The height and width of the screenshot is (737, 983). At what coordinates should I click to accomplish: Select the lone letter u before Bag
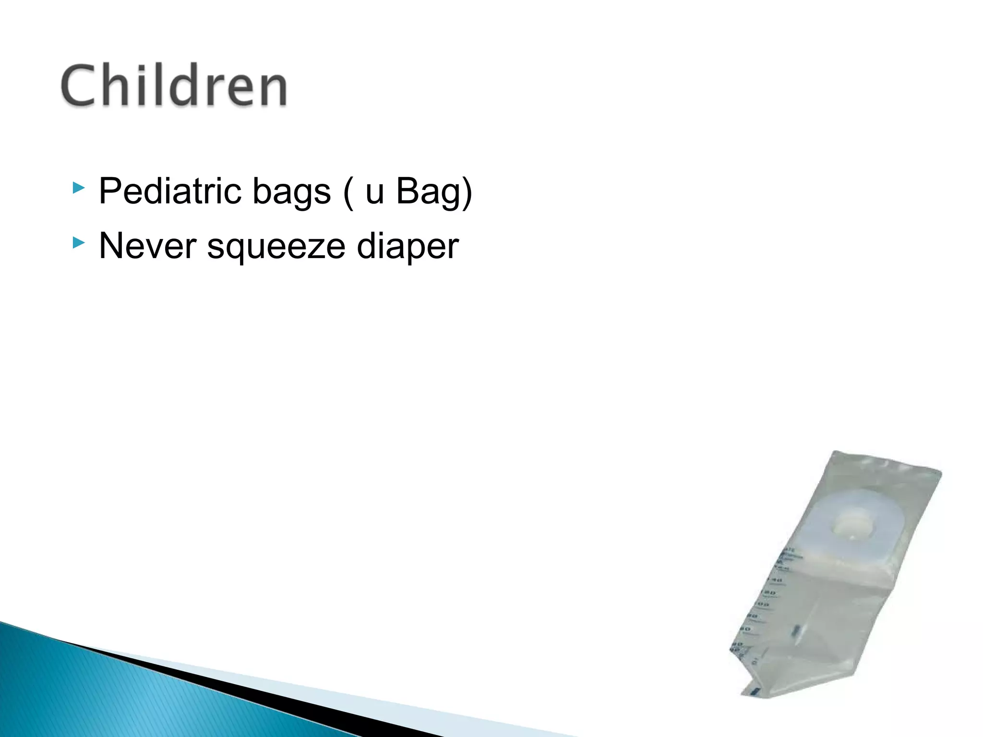[x=374, y=192]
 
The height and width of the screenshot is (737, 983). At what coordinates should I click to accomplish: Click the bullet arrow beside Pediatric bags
[x=79, y=188]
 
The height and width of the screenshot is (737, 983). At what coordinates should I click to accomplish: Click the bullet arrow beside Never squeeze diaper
[x=79, y=242]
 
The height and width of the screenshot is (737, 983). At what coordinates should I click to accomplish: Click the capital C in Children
[x=78, y=86]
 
